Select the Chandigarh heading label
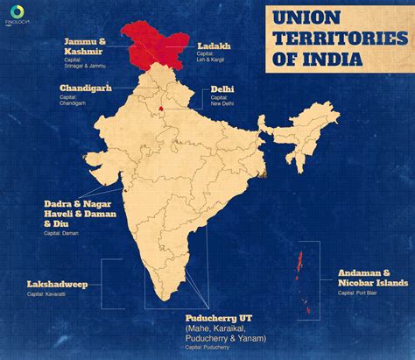(86, 88)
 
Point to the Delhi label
(222, 89)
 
